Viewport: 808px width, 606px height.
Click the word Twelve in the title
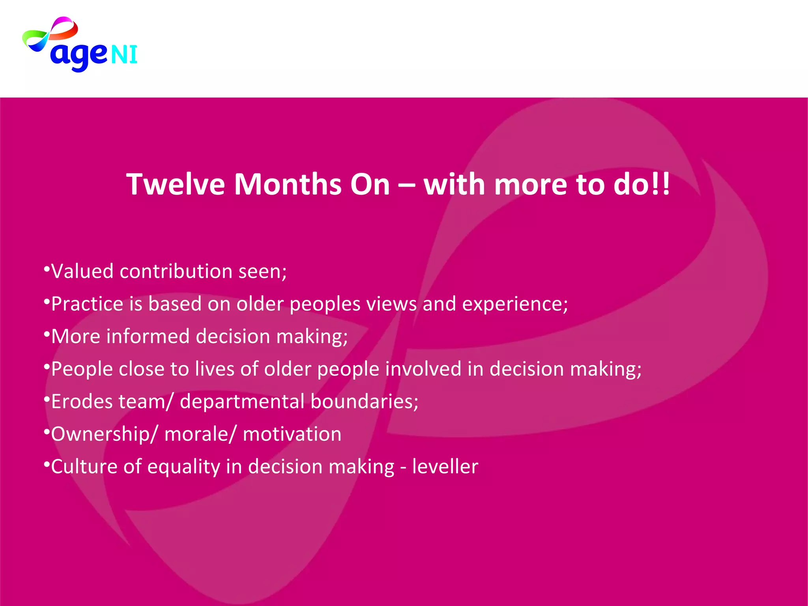coord(176,184)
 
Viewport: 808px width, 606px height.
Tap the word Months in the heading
coord(288,184)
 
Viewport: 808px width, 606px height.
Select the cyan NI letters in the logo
coord(124,55)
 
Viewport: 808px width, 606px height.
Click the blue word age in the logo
coord(78,55)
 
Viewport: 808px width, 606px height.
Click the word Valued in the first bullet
coord(82,271)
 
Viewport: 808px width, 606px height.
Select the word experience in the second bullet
coord(514,304)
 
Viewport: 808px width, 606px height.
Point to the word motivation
coord(292,434)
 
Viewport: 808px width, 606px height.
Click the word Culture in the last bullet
coord(84,467)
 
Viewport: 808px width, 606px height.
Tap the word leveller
coord(445,467)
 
